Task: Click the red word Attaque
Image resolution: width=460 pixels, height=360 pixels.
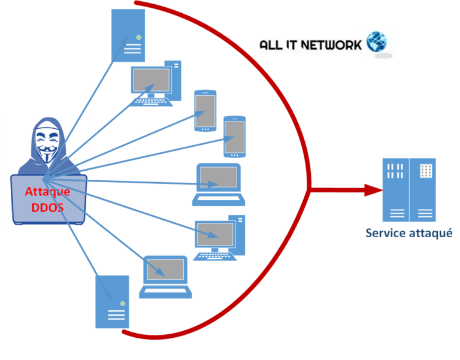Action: [47, 192]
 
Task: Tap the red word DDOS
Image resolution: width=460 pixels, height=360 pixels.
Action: [47, 207]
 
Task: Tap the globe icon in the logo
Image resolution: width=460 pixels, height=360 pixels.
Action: [377, 42]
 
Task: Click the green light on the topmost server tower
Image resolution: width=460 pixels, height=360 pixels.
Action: [138, 38]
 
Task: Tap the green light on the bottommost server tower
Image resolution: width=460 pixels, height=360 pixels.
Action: [122, 304]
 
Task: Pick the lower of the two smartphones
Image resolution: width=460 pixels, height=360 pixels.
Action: [234, 137]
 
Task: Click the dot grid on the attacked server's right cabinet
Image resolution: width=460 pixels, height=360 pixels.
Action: [425, 170]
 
